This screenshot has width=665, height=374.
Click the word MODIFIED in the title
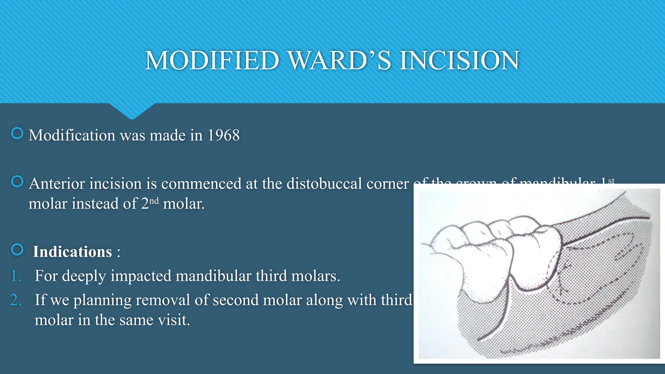point(212,61)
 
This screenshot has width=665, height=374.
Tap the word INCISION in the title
point(459,61)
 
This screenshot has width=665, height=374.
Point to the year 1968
point(223,135)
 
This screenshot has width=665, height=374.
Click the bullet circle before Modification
point(17,133)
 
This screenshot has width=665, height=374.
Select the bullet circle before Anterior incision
point(17,181)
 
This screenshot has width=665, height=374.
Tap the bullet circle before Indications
point(17,250)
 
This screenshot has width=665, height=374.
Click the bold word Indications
point(72,252)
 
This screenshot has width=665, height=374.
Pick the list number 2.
point(16,300)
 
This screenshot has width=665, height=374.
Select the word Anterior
point(57,184)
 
